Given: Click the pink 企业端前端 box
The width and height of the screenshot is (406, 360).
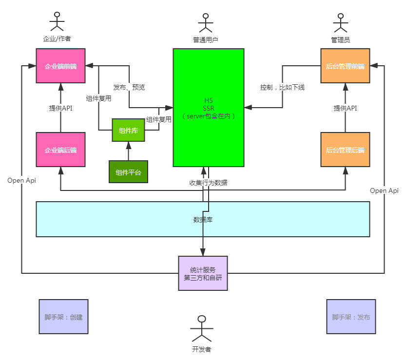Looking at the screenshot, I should click(60, 66).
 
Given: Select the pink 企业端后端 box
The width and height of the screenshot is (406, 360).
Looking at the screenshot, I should click(60, 150).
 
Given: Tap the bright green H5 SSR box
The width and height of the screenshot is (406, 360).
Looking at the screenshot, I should click(209, 107).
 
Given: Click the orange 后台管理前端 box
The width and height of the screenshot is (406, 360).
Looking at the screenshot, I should click(345, 66).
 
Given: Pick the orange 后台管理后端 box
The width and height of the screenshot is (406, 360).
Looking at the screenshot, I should click(345, 150).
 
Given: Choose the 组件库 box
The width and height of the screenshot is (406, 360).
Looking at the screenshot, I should click(128, 130).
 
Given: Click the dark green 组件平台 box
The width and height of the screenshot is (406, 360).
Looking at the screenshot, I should click(128, 172).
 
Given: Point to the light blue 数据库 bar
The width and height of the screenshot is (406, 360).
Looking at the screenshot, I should click(203, 219).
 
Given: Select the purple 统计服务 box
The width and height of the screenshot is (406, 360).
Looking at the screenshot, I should click(203, 273).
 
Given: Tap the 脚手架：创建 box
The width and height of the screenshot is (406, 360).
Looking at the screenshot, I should click(63, 317).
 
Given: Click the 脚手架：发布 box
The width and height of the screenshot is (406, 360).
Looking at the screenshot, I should click(351, 317).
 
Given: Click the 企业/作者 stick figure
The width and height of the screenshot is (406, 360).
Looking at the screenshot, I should click(57, 22).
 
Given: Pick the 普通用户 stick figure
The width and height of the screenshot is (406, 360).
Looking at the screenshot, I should click(205, 23).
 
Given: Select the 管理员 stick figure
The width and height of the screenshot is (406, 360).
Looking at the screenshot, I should click(340, 23).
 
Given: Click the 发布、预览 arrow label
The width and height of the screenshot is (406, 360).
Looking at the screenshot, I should click(129, 87).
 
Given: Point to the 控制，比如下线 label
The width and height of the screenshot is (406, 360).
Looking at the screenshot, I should click(282, 87).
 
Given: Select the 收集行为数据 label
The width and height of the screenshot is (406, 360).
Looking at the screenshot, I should click(208, 183).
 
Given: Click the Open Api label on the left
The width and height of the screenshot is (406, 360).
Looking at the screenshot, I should click(22, 180).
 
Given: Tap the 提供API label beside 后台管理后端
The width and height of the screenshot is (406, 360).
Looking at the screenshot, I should click(345, 108).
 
